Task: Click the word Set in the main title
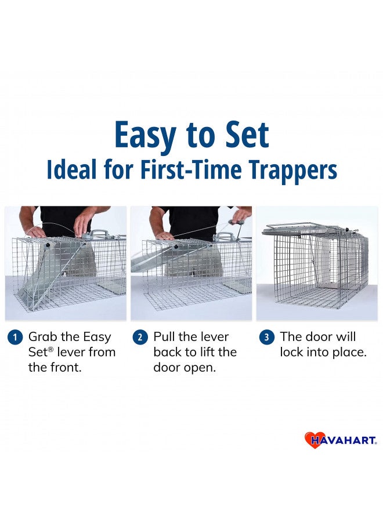pos(247,135)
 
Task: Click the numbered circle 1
pos(15,337)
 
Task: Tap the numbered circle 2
pos(140,337)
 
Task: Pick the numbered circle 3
pos(266,337)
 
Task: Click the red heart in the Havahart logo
pos(312,440)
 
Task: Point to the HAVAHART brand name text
pos(344,440)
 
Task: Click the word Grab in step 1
pos(43,336)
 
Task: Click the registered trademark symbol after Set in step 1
pos(52,350)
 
